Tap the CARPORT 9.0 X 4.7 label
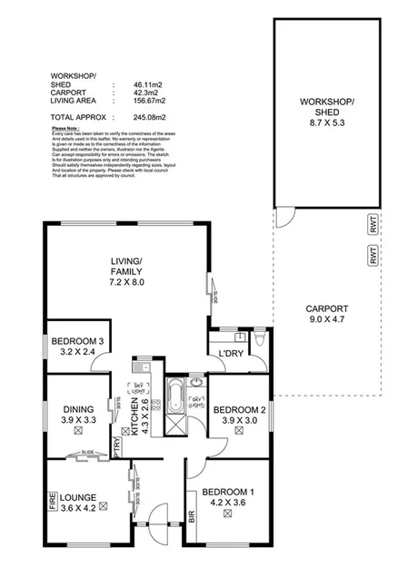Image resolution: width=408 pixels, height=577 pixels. click(x=327, y=312)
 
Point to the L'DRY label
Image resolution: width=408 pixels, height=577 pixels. click(x=229, y=354)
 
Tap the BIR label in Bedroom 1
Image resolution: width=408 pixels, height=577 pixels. click(x=192, y=517)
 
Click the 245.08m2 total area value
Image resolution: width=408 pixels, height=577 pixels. click(x=128, y=118)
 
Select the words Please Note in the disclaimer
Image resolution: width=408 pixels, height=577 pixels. click(x=67, y=129)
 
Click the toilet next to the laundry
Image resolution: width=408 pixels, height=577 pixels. click(x=260, y=339)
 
